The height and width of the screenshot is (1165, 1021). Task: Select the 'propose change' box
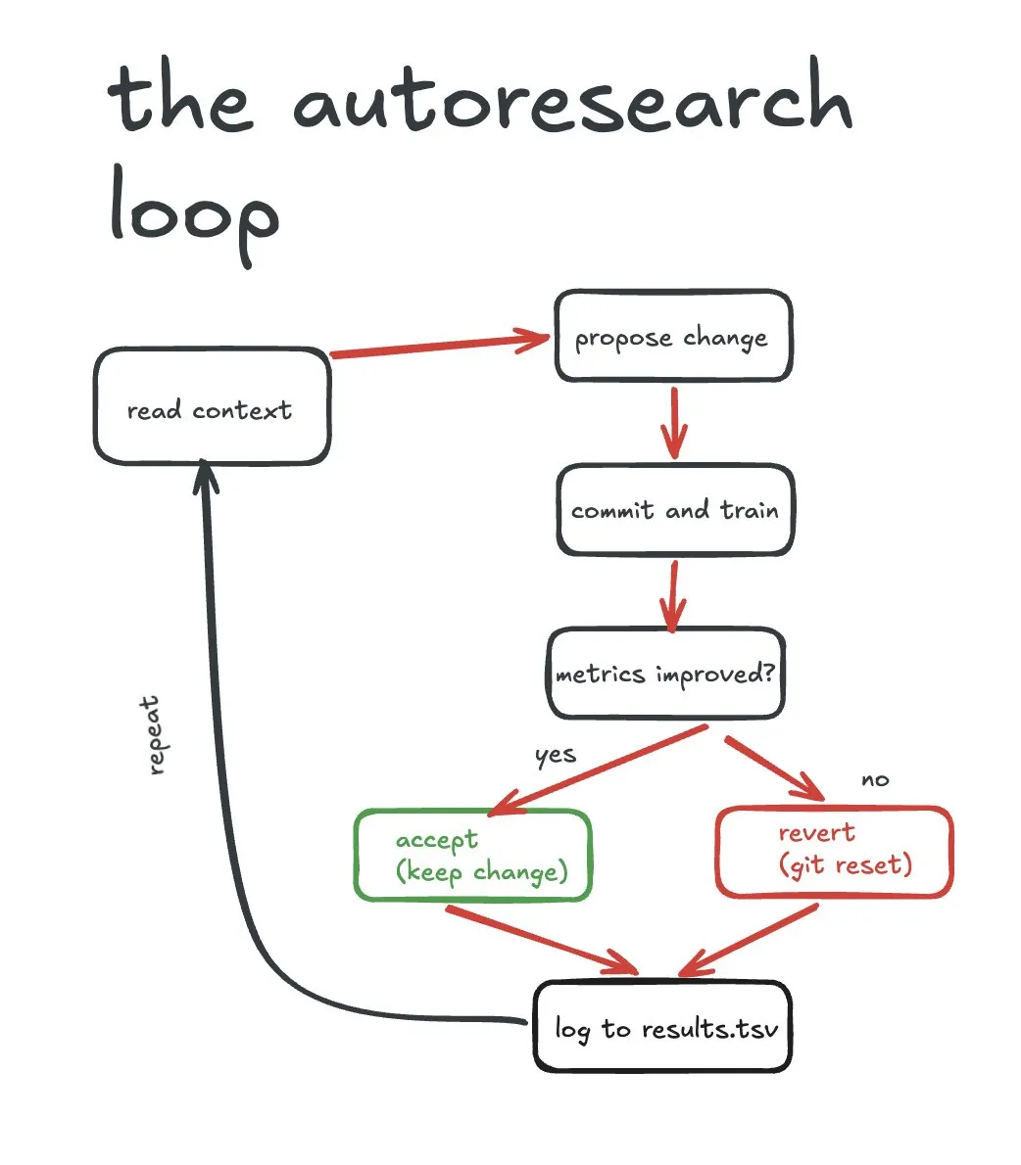pos(672,336)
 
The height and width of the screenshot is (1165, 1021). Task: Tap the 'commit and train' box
pos(675,510)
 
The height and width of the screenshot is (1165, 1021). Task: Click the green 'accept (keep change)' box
pos(472,855)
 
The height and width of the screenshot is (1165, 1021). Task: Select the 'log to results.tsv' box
pos(662,1027)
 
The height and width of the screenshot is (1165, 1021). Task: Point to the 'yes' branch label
pos(555,755)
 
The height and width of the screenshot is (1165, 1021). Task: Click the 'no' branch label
pos(875,779)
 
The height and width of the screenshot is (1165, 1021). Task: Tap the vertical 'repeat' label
pos(153,735)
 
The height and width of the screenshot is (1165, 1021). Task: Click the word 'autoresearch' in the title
pos(572,103)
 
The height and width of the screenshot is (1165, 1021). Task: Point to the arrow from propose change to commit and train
pos(673,422)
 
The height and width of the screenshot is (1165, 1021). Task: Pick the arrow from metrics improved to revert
pos(773,763)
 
